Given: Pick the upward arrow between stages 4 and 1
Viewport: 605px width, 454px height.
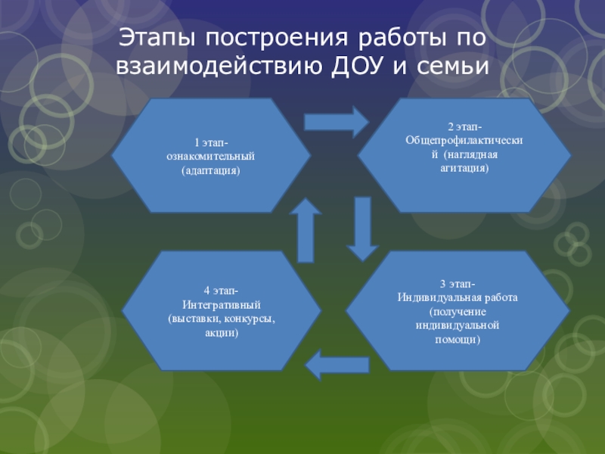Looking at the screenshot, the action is pyautogui.click(x=306, y=229).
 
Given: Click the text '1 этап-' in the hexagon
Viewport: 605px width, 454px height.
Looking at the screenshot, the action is pyautogui.click(x=211, y=141).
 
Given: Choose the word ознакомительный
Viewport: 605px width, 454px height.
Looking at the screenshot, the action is pyautogui.click(x=211, y=156).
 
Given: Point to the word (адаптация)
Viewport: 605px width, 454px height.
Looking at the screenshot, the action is pyautogui.click(x=211, y=170).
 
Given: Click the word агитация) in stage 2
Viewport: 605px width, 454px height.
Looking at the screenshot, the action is pyautogui.click(x=465, y=168).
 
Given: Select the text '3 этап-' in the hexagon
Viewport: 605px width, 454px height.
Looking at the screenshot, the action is pyautogui.click(x=458, y=284).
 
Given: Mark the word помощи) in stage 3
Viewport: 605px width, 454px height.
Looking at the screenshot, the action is pyautogui.click(x=458, y=339).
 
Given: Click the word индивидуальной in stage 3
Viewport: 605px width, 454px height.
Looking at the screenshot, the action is pyautogui.click(x=458, y=325).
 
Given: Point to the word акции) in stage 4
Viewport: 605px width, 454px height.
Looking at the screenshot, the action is pyautogui.click(x=222, y=332).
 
